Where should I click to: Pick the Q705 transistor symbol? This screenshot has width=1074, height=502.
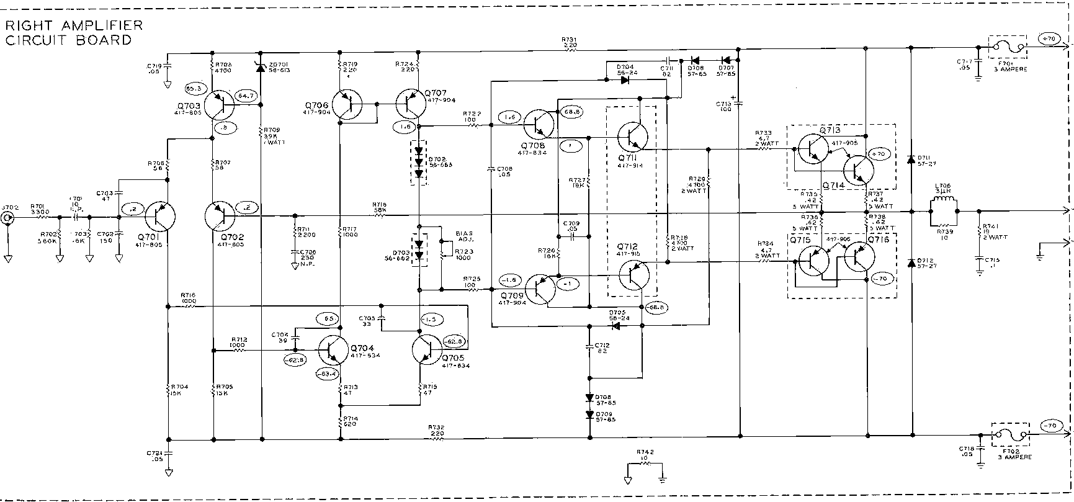427,351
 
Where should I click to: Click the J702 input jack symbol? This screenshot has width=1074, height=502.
8,218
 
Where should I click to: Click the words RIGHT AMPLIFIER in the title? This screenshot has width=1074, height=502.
73,26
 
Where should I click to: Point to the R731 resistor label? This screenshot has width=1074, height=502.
570,42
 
